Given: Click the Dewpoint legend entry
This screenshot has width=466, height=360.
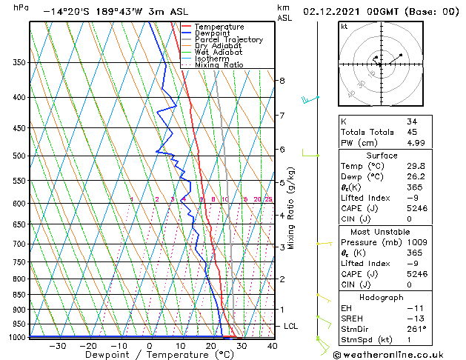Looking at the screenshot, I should pos(212,33).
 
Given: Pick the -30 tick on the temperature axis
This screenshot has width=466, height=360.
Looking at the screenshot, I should pos(56,346).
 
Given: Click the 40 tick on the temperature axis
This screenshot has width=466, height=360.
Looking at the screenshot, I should pos(272,346).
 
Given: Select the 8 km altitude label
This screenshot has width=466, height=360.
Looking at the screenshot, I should pos(282,80).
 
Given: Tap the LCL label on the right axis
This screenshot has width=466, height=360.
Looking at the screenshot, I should pos(291,326).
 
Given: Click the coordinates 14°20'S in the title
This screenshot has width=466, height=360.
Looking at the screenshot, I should pos(64,12).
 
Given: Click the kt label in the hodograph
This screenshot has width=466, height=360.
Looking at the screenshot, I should pos(344,26).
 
